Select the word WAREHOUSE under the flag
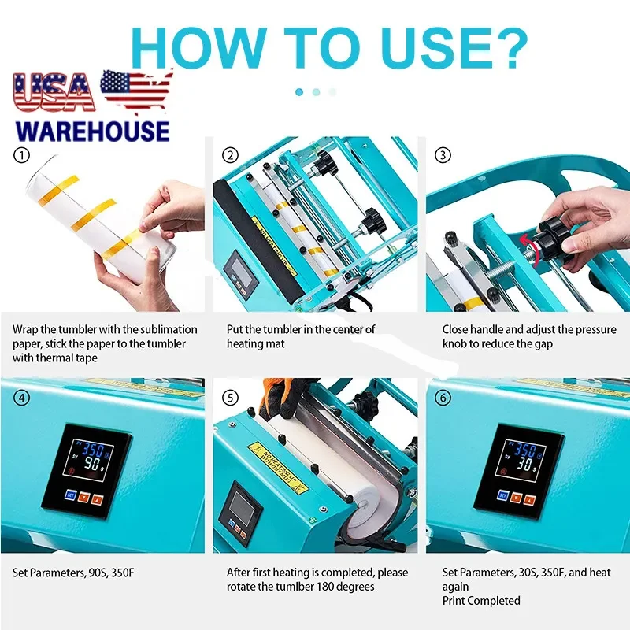[x=92, y=130]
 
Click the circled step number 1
[x=21, y=155]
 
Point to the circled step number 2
[x=229, y=155]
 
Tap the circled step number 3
[x=443, y=155]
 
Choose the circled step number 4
[x=21, y=398]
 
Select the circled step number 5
[x=229, y=398]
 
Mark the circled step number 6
[x=443, y=398]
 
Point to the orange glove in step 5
[x=294, y=390]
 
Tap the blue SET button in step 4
[x=70, y=495]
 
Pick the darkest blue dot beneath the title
[x=299, y=91]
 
